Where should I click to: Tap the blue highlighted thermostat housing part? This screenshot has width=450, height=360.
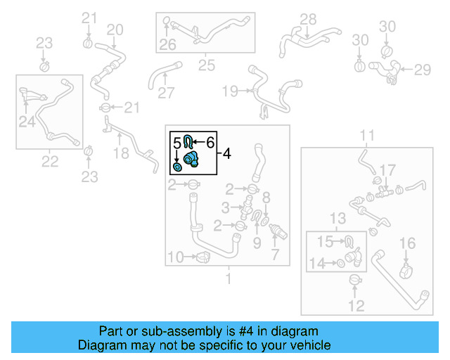pyautogui.click(x=191, y=160)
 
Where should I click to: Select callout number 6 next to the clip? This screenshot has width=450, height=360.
pyautogui.click(x=210, y=142)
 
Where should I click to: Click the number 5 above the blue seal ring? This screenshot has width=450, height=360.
pyautogui.click(x=176, y=143)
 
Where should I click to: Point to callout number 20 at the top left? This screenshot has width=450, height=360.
pyautogui.click(x=115, y=30)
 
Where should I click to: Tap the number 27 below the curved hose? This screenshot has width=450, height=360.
pyautogui.click(x=165, y=93)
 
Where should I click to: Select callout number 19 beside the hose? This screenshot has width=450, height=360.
pyautogui.click(x=230, y=91)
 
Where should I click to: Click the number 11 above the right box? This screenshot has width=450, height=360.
pyautogui.click(x=368, y=135)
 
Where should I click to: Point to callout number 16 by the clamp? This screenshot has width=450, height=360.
pyautogui.click(x=408, y=243)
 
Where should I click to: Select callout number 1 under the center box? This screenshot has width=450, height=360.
pyautogui.click(x=226, y=278)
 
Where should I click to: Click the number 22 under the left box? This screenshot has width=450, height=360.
pyautogui.click(x=49, y=162)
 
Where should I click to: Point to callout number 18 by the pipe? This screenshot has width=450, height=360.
pyautogui.click(x=121, y=153)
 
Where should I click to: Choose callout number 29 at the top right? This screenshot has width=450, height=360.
pyautogui.click(x=422, y=69)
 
